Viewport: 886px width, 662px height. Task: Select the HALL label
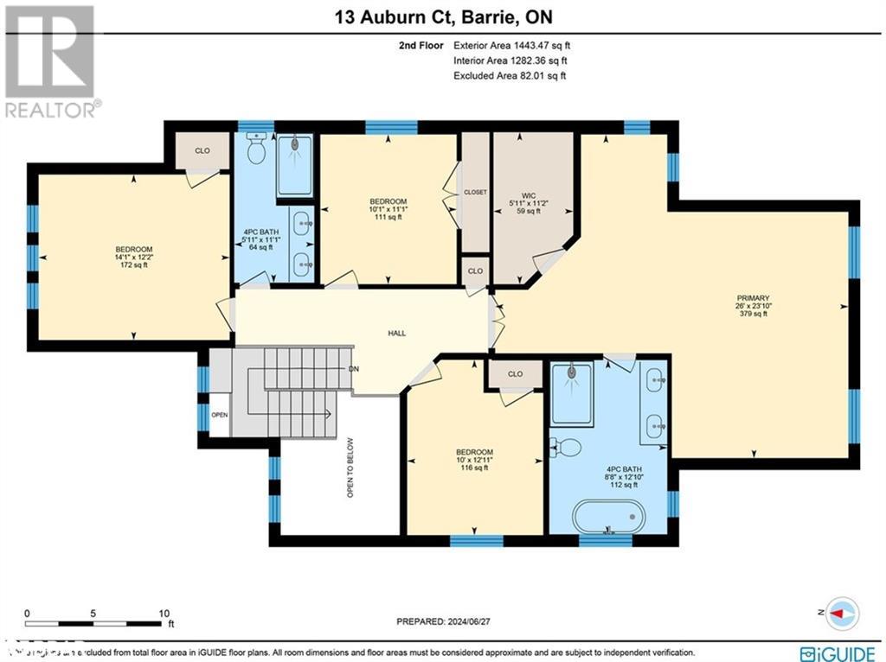coord(396,333)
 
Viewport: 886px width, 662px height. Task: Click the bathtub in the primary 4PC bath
coord(609,516)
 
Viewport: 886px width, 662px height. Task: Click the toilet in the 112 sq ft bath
coord(566,448)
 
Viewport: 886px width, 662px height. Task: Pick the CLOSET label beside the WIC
coord(475,192)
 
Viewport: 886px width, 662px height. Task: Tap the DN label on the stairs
coord(353,369)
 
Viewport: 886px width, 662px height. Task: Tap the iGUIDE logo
coord(834,652)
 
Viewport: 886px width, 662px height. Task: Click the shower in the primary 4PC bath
coord(571,393)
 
